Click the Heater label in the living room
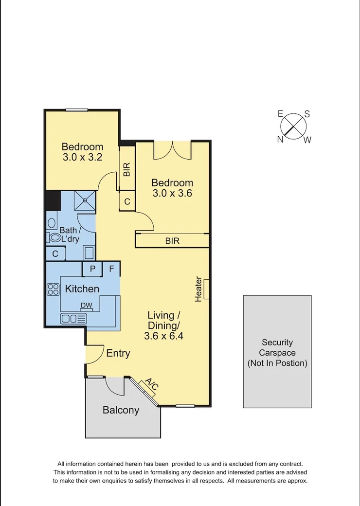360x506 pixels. (198, 289)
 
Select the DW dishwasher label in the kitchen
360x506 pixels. (86, 306)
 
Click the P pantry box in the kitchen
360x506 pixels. (91, 269)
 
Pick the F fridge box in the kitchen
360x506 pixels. (111, 269)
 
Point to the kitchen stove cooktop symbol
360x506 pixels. (53, 289)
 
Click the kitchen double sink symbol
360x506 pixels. (73, 319)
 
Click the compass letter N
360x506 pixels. (281, 140)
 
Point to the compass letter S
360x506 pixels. (307, 114)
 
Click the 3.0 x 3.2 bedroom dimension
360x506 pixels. (82, 158)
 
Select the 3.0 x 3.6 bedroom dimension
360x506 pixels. (172, 193)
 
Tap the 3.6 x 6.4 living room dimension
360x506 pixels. (163, 336)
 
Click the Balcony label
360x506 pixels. (121, 410)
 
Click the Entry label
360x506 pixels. (118, 353)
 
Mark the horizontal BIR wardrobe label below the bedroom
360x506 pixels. (172, 241)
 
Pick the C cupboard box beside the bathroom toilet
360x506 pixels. (55, 253)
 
